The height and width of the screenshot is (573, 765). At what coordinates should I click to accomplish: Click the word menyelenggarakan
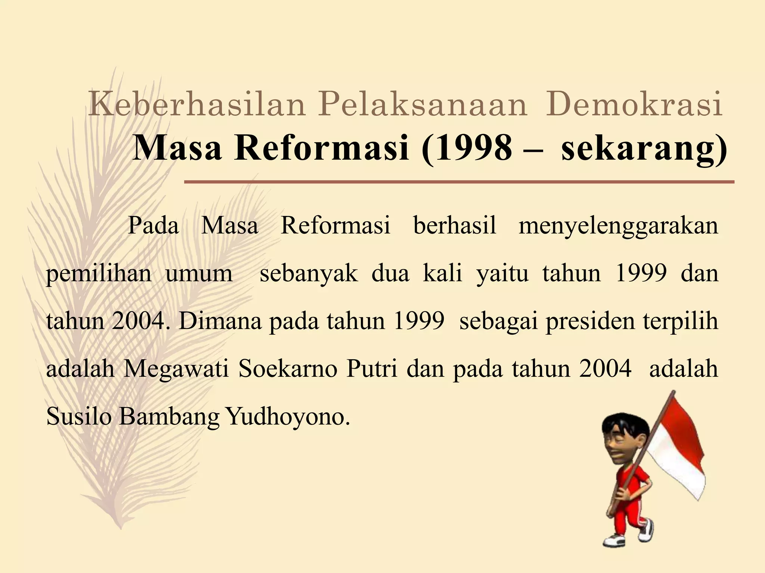coord(618,226)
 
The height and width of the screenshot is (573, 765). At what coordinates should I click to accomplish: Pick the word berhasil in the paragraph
coord(455,225)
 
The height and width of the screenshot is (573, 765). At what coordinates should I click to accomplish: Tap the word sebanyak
coord(309,273)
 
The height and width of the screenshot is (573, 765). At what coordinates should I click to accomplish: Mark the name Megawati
coord(176,369)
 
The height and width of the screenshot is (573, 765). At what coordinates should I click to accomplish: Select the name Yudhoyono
coord(288,417)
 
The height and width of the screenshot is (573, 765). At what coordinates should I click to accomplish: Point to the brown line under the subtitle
coord(459,182)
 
